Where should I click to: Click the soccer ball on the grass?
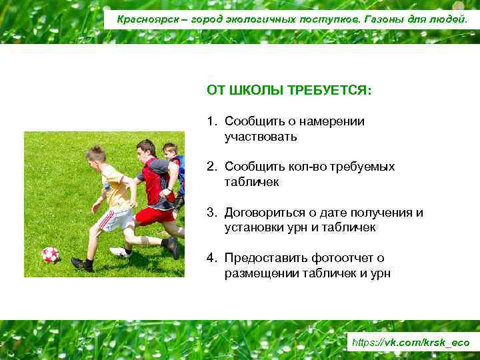point(50,255)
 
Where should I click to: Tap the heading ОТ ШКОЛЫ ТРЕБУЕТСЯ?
point(289,90)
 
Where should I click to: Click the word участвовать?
point(261,137)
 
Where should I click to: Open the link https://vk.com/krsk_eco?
point(410,343)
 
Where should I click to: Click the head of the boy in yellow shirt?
point(95,156)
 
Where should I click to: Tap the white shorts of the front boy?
point(115,219)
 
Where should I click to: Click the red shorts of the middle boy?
point(155,215)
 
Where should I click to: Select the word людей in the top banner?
point(451,19)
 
